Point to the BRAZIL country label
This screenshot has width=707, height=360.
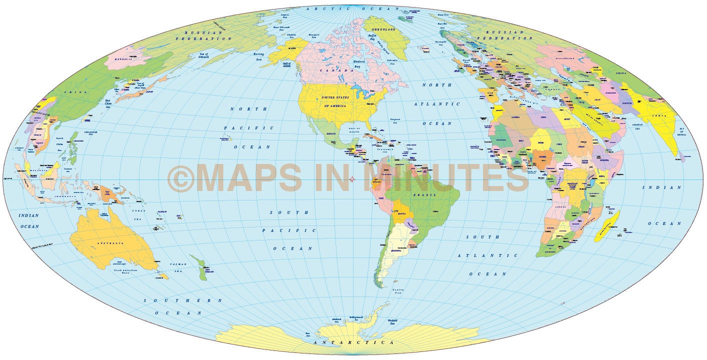(x=424, y=195)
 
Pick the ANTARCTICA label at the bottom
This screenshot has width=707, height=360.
(x=353, y=342)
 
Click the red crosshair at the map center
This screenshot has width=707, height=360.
(x=352, y=179)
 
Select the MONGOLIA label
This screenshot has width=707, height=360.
(x=123, y=59)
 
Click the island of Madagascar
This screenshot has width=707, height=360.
(x=607, y=226)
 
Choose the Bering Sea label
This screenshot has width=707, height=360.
(x=258, y=56)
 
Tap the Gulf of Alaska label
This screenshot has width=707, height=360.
(x=286, y=66)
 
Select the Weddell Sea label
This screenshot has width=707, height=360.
(x=392, y=322)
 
